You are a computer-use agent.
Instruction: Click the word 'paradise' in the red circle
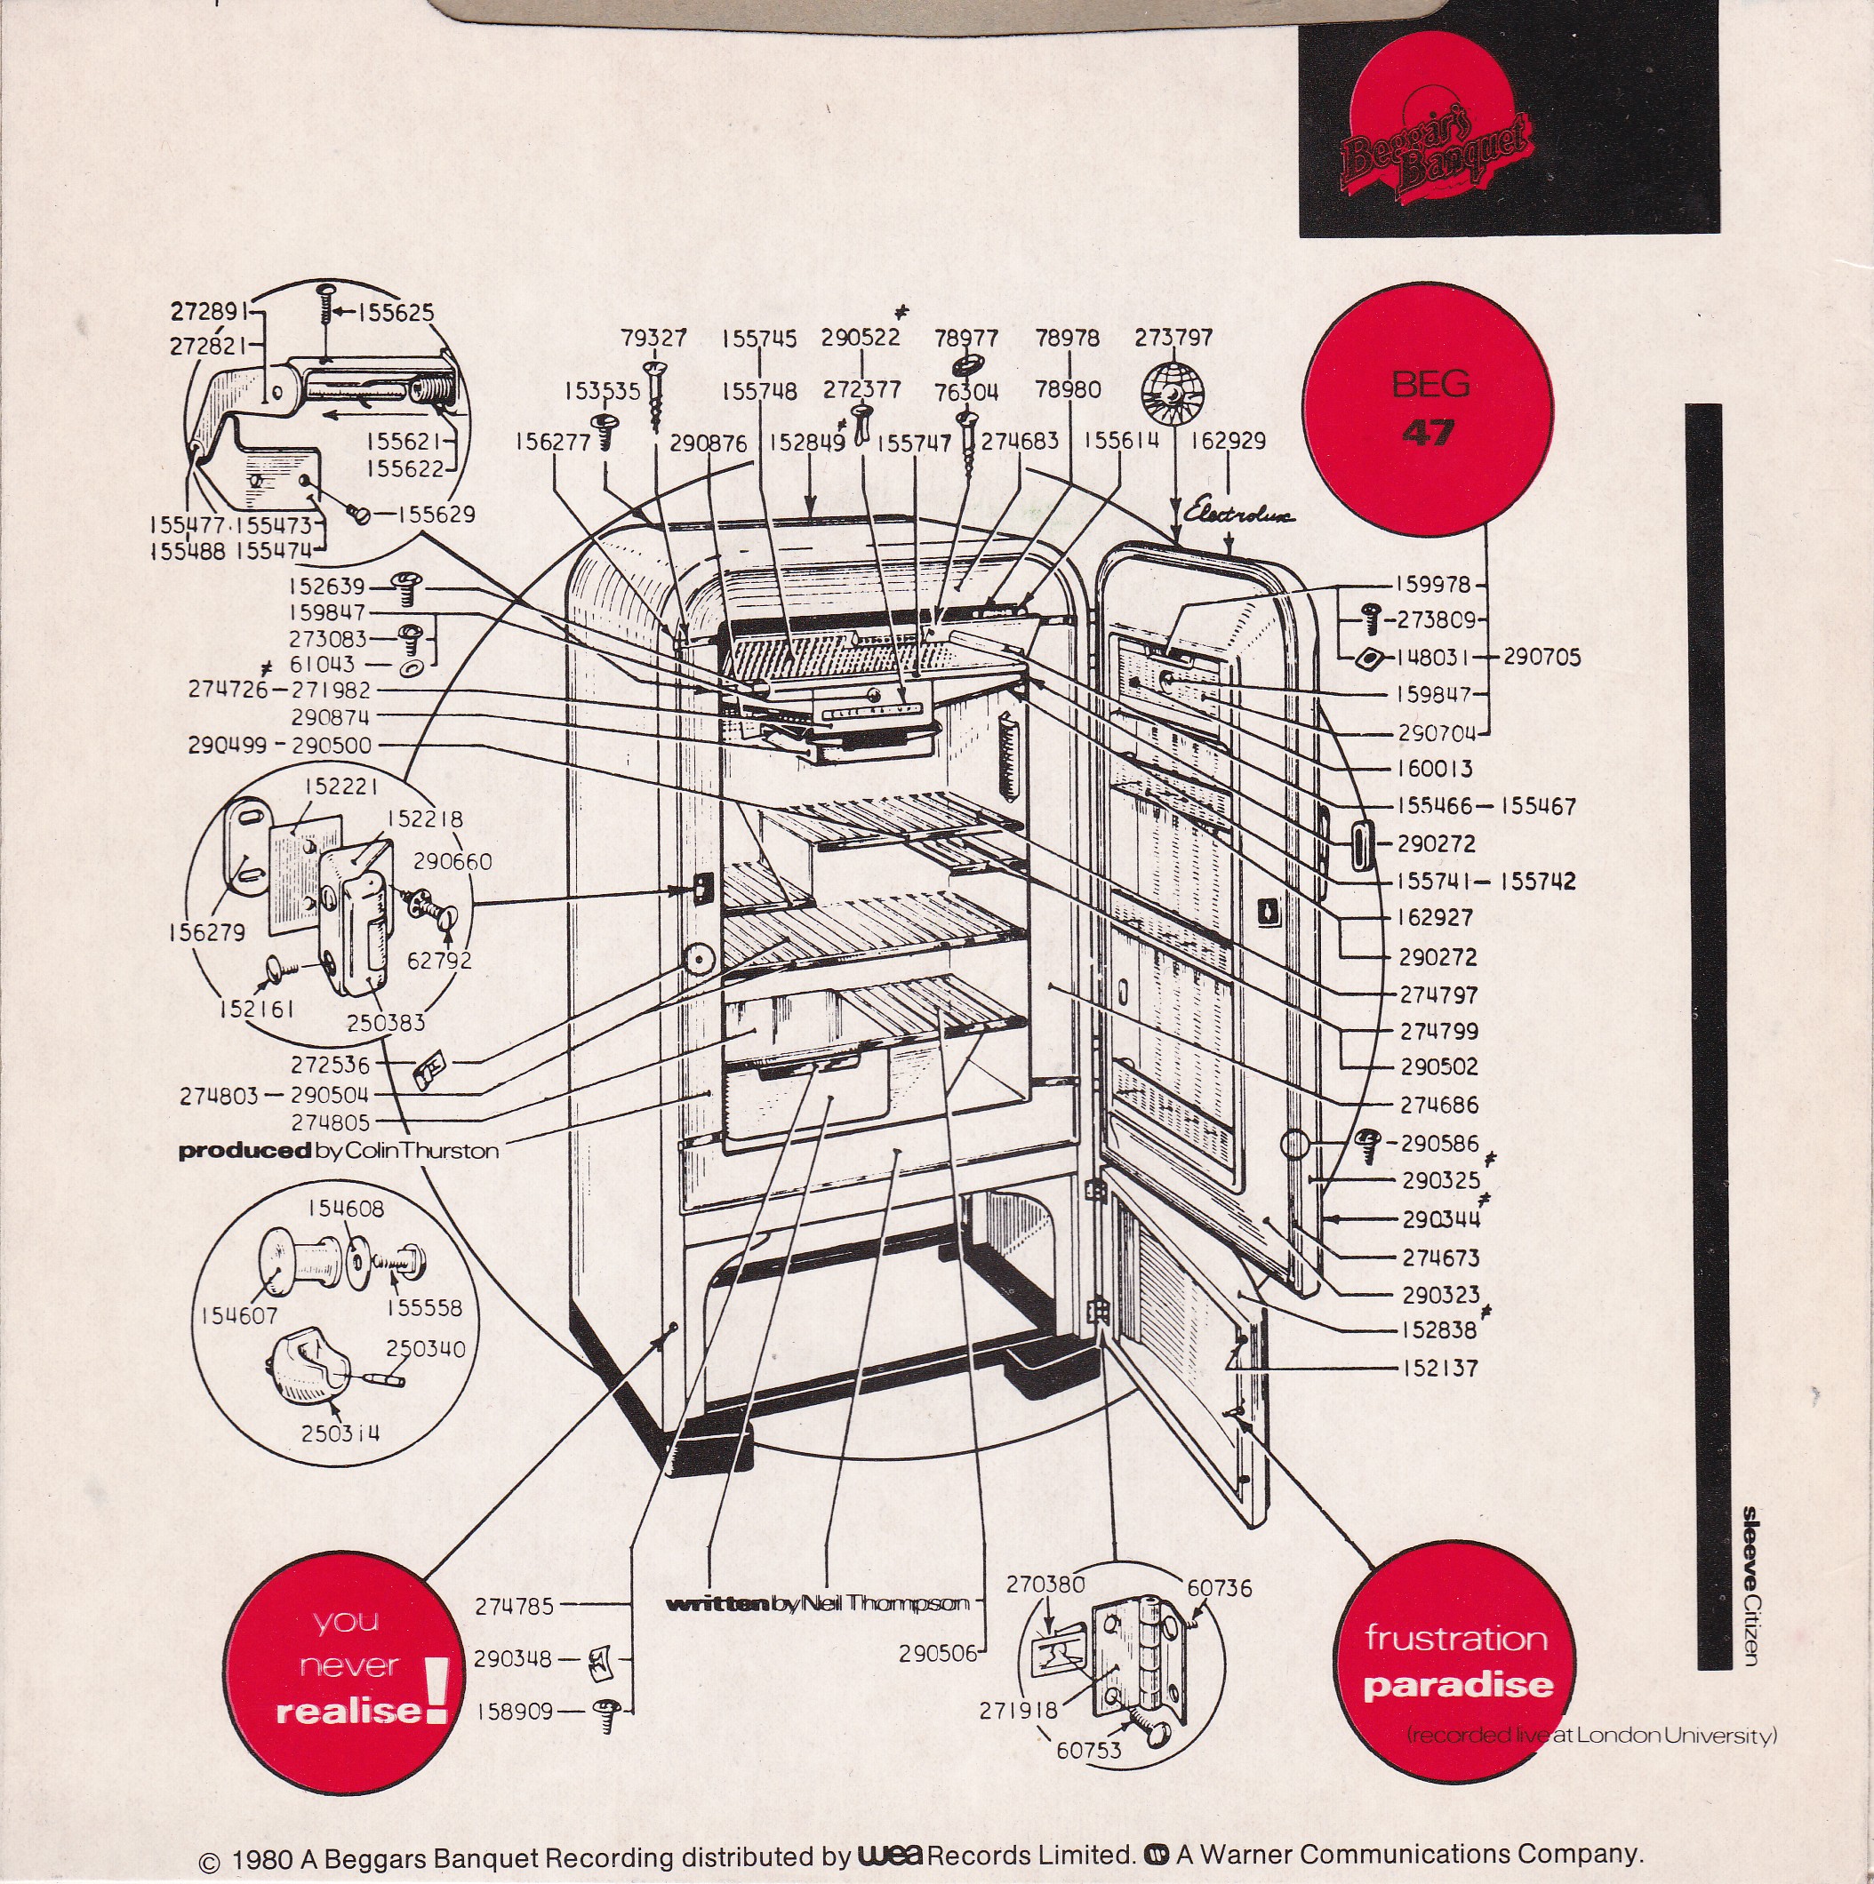[1457, 1684]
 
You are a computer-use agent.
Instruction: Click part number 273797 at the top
[1173, 338]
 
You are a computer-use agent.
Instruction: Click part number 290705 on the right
[1542, 658]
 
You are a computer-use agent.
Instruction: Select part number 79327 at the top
[653, 338]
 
